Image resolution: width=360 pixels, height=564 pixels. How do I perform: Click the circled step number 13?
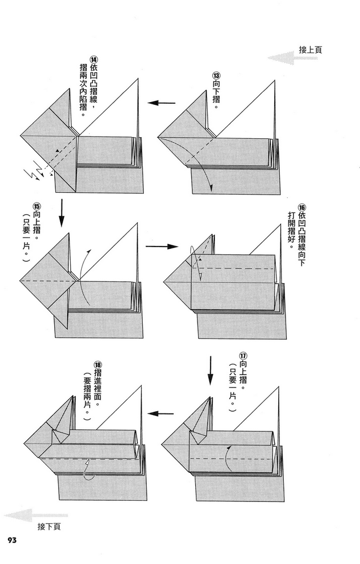point(216,76)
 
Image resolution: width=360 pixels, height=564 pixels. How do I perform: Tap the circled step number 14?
point(94,61)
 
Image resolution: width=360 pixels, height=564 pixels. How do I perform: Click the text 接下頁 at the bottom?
point(50,527)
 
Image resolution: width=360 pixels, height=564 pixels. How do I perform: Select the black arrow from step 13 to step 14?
point(161,103)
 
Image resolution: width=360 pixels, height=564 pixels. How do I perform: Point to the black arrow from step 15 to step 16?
point(161,246)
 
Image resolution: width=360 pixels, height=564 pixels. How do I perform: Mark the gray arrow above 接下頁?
point(36,515)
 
